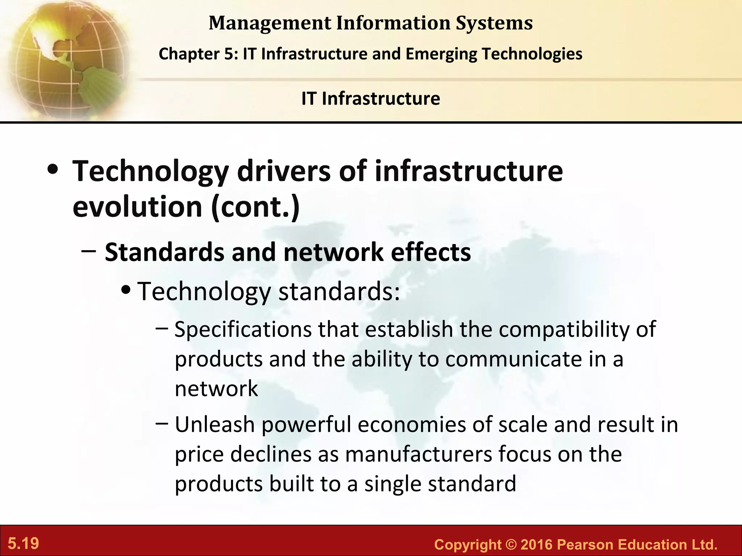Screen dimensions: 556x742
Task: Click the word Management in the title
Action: point(270,23)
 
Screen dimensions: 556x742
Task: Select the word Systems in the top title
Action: point(494,23)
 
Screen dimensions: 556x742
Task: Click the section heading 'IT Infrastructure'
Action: point(371,98)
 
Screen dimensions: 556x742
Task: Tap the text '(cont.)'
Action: point(255,207)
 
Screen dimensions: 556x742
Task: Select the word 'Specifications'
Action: point(243,330)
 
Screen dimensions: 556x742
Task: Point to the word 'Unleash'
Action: point(215,425)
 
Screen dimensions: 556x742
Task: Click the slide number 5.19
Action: point(24,544)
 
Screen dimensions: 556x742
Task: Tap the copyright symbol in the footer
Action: point(512,544)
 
